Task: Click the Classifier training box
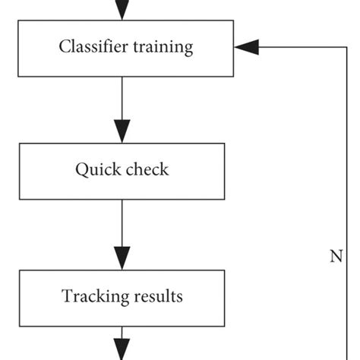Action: point(126,47)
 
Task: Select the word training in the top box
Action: point(163,48)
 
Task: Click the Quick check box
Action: point(122,169)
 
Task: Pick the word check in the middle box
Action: point(147,169)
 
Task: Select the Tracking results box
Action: point(122,295)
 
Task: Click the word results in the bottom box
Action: point(157,295)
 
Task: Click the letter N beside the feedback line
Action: point(336,256)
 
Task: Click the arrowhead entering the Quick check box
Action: point(122,130)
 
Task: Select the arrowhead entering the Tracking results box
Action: point(122,256)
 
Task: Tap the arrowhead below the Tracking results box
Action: point(122,350)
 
